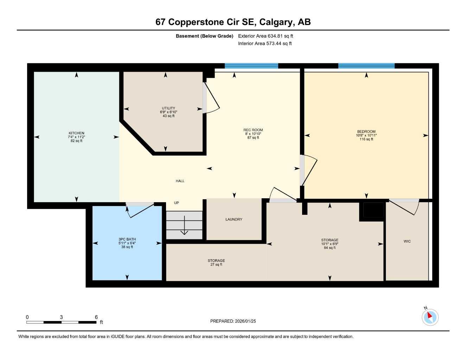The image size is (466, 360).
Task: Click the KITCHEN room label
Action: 76,133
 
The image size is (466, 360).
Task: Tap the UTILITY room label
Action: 168,108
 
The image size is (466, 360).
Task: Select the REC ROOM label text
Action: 253,130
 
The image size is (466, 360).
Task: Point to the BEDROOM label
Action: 366,132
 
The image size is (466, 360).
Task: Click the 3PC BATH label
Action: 127,239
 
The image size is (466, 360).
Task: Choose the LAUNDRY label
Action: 234,219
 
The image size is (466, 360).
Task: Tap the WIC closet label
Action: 407,242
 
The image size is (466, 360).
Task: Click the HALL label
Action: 180,181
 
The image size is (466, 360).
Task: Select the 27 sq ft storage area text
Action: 216,264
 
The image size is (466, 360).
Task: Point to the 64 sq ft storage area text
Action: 330,248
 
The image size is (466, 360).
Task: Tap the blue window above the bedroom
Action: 366,66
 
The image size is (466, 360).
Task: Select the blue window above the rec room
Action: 251,66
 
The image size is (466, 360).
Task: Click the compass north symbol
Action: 430,317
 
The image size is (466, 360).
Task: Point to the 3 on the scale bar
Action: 61,317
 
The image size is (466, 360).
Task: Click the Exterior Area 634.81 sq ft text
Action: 266,36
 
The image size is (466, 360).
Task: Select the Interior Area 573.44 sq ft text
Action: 265,44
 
